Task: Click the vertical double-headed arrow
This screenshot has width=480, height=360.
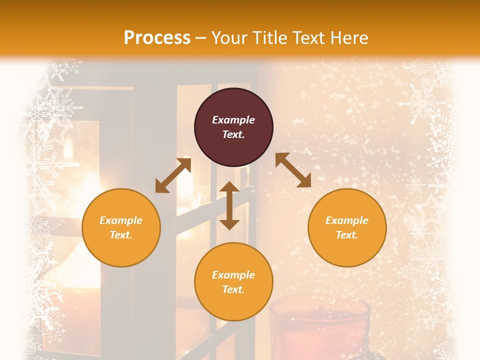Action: [x=229, y=205]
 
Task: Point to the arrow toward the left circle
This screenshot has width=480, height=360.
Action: [x=173, y=175]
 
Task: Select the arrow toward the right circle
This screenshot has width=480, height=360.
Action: [x=293, y=170]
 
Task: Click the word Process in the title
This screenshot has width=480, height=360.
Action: [x=157, y=37]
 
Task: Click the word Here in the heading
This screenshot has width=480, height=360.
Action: [x=348, y=37]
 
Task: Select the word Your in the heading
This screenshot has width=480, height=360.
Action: [x=230, y=37]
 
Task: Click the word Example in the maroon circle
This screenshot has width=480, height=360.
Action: [x=233, y=120]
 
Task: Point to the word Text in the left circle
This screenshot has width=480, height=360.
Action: [x=120, y=235]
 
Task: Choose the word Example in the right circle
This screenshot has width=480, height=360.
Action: [x=347, y=220]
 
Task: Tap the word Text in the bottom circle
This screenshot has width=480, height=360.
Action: [x=233, y=289]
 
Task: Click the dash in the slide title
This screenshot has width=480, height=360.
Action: [x=201, y=38]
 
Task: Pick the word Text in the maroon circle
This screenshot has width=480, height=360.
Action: [x=233, y=134]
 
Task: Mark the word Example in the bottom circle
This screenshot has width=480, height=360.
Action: [x=233, y=275]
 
